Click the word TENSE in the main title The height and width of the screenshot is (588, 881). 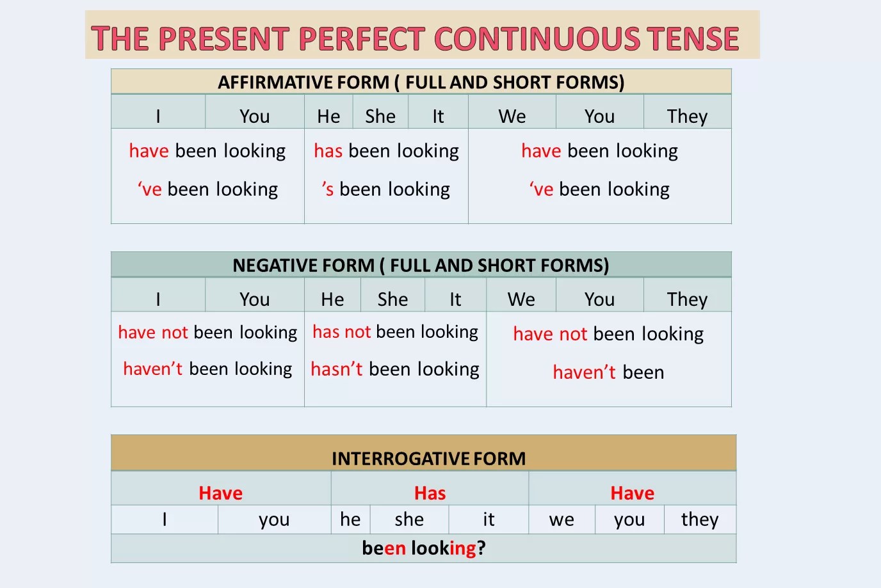pyautogui.click(x=693, y=38)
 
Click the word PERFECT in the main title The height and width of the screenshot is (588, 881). pyautogui.click(x=362, y=38)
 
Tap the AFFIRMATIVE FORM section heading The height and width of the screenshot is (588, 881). pyautogui.click(x=421, y=82)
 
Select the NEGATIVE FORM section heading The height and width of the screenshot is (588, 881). pyautogui.click(x=421, y=266)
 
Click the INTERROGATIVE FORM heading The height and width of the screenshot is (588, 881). pyautogui.click(x=429, y=458)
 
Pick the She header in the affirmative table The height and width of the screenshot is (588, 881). pyautogui.click(x=380, y=116)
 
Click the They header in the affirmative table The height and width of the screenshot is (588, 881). pyautogui.click(x=687, y=116)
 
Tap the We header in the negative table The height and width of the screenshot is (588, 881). pyautogui.click(x=521, y=299)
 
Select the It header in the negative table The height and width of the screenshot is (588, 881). pyautogui.click(x=455, y=299)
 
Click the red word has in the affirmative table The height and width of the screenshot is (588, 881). pyautogui.click(x=328, y=151)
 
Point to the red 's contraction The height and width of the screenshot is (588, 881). pyautogui.click(x=328, y=189)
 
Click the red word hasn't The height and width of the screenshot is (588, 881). pyautogui.click(x=337, y=369)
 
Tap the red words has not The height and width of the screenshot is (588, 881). pyautogui.click(x=342, y=332)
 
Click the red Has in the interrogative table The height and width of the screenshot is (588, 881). pyautogui.click(x=430, y=493)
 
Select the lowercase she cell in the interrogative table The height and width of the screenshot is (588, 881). pyautogui.click(x=409, y=519)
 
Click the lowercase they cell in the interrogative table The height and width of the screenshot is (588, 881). pyautogui.click(x=700, y=519)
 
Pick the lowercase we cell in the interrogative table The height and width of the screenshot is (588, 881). pyautogui.click(x=562, y=519)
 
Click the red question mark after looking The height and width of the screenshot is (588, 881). pyautogui.click(x=481, y=548)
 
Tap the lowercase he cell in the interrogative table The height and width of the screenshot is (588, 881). pyautogui.click(x=350, y=519)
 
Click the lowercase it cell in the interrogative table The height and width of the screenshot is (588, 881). pyautogui.click(x=489, y=519)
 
